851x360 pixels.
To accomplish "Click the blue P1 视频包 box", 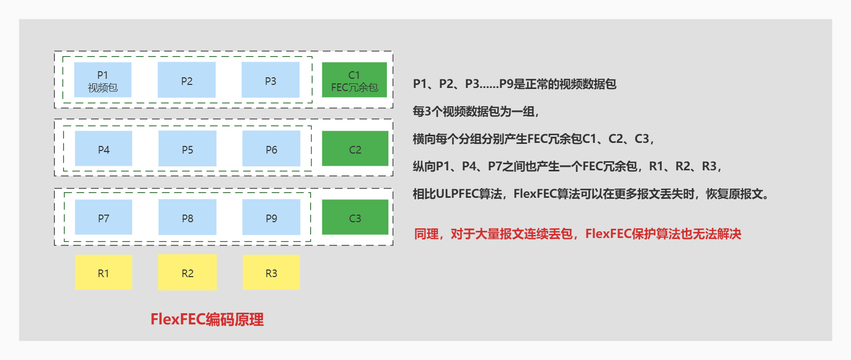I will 103,80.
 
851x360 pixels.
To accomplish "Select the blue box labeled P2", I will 187,80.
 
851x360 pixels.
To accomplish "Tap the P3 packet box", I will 270,80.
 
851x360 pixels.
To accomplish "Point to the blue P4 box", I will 103,148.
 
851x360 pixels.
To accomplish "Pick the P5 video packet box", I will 187,148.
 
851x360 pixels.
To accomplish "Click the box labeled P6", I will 271,148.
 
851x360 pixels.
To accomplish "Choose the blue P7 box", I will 103,217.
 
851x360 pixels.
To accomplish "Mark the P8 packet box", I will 187,217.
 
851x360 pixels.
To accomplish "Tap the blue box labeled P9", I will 271,217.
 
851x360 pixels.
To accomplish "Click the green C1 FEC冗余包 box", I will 354,80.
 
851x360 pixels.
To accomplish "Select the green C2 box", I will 355,148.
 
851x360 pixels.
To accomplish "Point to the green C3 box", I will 355,217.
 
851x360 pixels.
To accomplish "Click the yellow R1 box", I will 103,273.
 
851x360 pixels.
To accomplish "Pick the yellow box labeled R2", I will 187,273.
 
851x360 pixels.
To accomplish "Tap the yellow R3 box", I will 271,273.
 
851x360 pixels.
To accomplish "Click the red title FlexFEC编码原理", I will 207,319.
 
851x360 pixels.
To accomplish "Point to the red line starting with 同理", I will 578,234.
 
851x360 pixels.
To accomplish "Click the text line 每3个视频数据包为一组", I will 475,111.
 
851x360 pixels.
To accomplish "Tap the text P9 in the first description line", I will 506,84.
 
